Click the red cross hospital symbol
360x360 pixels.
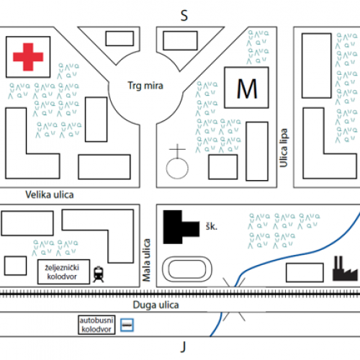coord(28,57)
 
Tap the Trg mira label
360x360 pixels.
coord(145,86)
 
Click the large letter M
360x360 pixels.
coord(247,89)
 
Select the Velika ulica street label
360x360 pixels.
coord(50,194)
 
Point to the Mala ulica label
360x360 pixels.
coord(146,260)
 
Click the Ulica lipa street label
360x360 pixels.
coord(284,148)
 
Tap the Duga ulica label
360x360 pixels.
coord(156,305)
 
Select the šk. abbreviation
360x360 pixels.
coord(211,226)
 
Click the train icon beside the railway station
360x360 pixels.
coord(99,274)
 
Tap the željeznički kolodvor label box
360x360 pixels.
coord(63,271)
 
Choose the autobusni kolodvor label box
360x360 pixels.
coord(96,325)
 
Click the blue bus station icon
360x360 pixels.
coord(127,325)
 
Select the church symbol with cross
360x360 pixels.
coord(177,162)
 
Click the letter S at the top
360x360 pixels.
coord(184,16)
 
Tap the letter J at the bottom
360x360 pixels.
coord(184,347)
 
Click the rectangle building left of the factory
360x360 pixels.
coord(305,273)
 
